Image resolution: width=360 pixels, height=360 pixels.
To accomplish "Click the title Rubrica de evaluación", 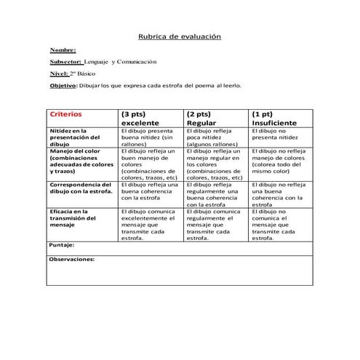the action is click(180, 36).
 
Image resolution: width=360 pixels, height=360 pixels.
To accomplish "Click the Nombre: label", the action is click(63, 49).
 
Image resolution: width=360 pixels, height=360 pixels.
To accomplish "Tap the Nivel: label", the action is click(59, 73).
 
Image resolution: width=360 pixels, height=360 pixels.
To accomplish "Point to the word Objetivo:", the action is click(63, 85).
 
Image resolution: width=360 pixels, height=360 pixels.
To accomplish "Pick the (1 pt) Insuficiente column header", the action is click(273, 119).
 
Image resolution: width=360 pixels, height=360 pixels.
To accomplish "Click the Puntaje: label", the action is click(62, 246).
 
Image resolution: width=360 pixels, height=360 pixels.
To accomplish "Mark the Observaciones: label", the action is click(72, 258).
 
